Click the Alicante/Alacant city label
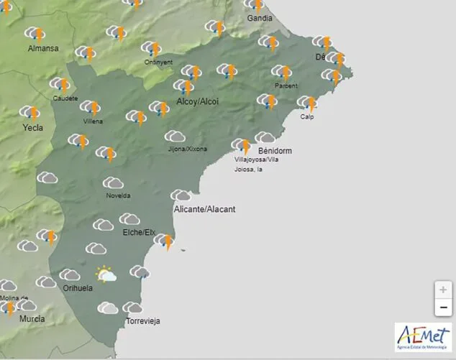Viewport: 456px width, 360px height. [204, 209]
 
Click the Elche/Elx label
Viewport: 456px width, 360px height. [139, 232]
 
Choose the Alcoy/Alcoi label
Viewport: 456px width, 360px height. [197, 102]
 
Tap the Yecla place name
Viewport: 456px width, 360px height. [32, 128]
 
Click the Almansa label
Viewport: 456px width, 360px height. [42, 49]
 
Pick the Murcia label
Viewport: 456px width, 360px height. [32, 318]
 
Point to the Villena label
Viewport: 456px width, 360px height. [93, 121]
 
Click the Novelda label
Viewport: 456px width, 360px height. [118, 195]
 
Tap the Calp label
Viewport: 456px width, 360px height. [307, 116]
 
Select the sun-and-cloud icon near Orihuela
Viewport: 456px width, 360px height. [106, 274]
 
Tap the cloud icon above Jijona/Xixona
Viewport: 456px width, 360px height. [175, 137]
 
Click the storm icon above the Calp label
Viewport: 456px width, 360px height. [307, 103]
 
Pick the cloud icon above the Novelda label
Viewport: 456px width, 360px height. [113, 183]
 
